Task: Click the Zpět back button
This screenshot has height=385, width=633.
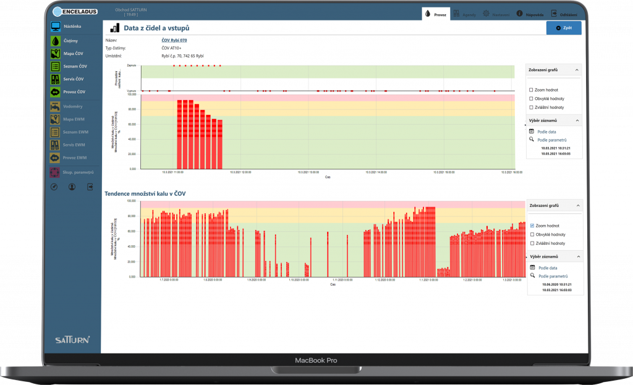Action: pos(563,28)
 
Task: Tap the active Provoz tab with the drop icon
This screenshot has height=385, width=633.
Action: pos(436,14)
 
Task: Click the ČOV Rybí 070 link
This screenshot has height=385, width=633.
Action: pos(174,40)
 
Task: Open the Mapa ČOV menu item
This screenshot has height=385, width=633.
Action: pos(73,53)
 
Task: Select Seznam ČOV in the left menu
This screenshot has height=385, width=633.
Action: pos(74,66)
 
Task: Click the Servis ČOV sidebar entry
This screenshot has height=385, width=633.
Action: pos(73,79)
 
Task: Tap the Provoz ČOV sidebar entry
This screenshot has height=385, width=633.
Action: pos(74,92)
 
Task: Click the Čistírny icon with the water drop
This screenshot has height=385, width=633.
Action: pos(56,40)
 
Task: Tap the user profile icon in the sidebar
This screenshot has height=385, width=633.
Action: pos(72,187)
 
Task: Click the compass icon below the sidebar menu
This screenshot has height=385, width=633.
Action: pos(54,187)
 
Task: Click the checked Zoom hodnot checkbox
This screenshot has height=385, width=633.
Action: pos(532,226)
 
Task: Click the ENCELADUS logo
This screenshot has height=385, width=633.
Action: pos(75,11)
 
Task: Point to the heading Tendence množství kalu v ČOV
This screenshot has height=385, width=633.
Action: pos(145,193)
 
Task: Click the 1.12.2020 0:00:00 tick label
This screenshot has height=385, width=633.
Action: pos(384,280)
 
